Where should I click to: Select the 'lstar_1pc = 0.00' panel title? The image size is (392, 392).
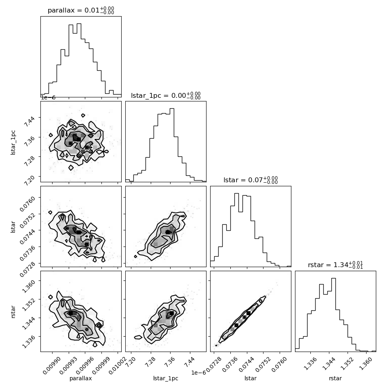tap(158, 95)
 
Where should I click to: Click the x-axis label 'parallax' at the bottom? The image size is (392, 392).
tap(81, 378)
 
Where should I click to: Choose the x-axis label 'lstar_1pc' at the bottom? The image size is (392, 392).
tap(166, 378)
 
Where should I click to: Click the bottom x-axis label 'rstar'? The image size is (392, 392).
tap(335, 378)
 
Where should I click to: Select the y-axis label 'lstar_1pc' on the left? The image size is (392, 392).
tap(13, 143)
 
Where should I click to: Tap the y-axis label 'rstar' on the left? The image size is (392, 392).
tap(13, 312)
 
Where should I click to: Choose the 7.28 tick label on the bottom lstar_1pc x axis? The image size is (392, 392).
tap(150, 362)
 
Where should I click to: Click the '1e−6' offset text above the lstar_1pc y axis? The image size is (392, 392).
tap(48, 97)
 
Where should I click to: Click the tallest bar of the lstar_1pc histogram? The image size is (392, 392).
tap(172, 145)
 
